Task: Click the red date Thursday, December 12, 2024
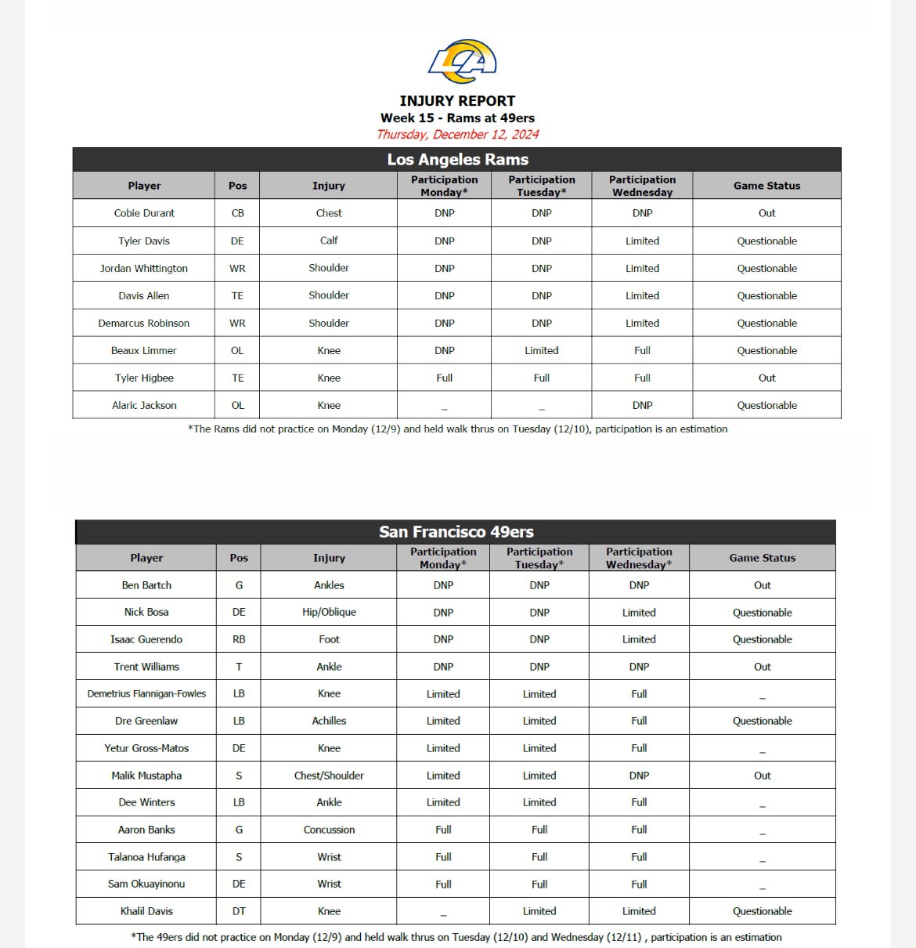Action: click(457, 134)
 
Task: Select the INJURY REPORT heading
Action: click(457, 101)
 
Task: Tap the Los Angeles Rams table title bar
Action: click(457, 160)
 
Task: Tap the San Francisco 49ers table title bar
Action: click(456, 532)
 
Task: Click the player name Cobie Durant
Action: click(144, 213)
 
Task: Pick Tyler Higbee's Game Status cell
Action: click(766, 378)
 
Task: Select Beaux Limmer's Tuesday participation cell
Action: click(541, 350)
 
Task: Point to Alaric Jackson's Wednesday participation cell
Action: click(642, 405)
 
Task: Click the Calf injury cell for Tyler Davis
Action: click(329, 241)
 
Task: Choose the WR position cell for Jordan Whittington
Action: click(237, 268)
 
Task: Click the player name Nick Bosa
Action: click(146, 612)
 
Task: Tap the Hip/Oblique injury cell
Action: click(329, 612)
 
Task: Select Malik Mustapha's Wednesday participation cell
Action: click(639, 776)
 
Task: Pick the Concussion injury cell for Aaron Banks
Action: click(329, 830)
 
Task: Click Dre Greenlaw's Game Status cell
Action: click(762, 721)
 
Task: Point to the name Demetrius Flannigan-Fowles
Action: click(146, 693)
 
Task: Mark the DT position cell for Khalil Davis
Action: click(239, 911)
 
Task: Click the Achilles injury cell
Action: click(329, 721)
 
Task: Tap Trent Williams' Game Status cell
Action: click(762, 667)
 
